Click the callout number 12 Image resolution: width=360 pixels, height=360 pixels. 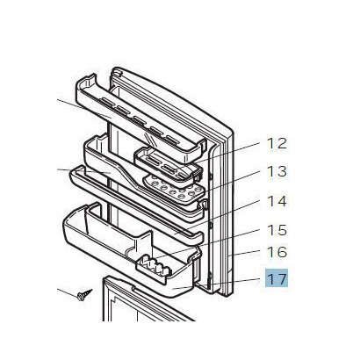click(277, 144)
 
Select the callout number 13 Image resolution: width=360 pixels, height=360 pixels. click(277, 172)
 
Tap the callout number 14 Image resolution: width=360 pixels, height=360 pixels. click(277, 201)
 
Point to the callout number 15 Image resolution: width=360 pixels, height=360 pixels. click(277, 230)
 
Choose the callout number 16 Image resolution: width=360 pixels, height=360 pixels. click(277, 252)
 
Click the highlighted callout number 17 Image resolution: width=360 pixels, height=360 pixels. click(277, 279)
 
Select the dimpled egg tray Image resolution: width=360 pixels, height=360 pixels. click(173, 187)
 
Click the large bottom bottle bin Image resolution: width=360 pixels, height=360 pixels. click(129, 252)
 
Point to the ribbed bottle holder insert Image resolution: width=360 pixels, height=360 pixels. click(154, 266)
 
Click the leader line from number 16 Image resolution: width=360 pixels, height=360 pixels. click(245, 253)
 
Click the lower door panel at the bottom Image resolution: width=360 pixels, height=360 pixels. click(140, 301)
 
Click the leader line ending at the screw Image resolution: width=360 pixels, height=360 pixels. click(68, 292)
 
